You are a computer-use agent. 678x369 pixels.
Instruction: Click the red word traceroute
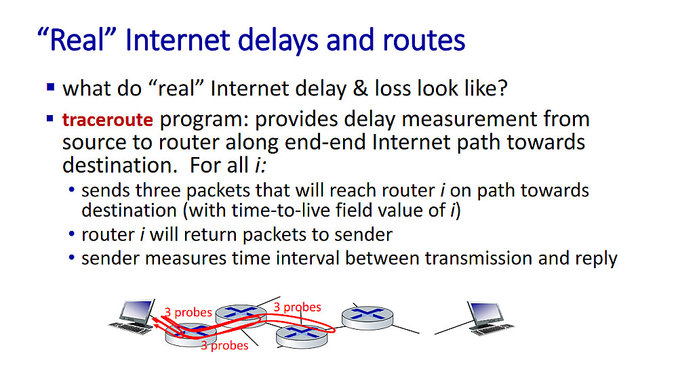pos(108,120)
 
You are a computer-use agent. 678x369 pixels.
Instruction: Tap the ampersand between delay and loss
pos(360,89)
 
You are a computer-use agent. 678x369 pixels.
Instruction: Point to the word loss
pos(393,89)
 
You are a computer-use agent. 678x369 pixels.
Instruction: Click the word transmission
pos(478,258)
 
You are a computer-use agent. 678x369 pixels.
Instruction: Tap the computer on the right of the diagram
pos(490,318)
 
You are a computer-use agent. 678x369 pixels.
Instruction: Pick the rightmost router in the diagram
pos(367,318)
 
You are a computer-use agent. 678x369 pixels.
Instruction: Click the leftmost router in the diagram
pos(191,335)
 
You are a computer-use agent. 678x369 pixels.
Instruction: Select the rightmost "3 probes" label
pos(297,307)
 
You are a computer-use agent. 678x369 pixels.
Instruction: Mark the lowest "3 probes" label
pos(224,346)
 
